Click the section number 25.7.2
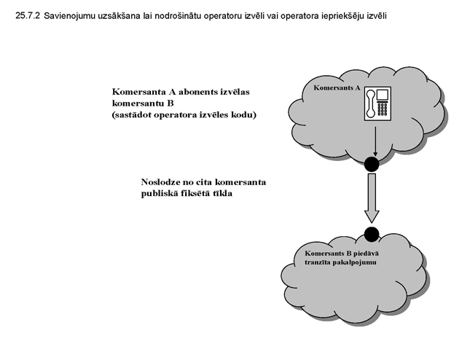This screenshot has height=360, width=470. (x=27, y=15)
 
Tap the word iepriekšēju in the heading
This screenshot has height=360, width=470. (x=357, y=15)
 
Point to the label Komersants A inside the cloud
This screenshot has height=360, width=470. (x=337, y=87)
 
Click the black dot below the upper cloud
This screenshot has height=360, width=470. (x=372, y=164)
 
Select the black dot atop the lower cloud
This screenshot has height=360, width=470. (x=372, y=234)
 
